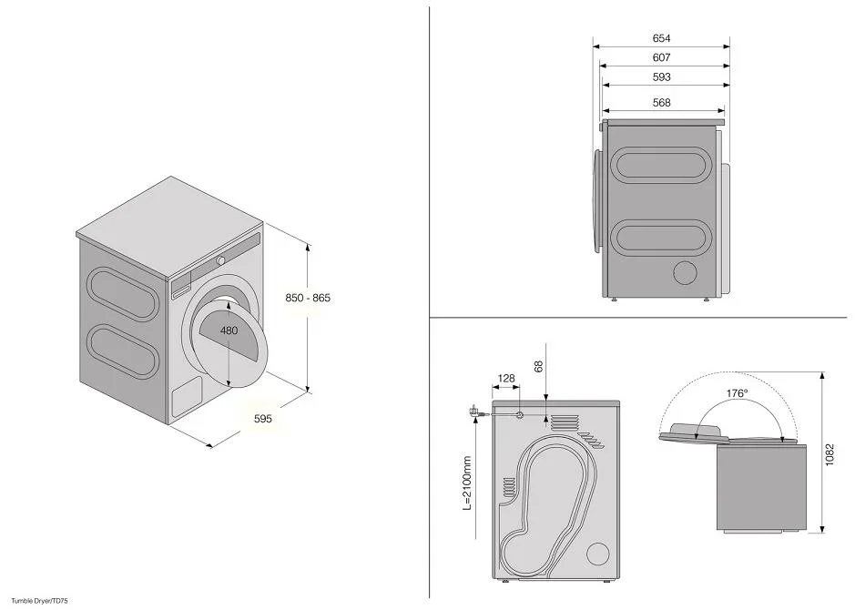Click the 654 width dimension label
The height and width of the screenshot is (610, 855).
[x=662, y=39]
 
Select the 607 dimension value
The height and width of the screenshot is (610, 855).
[x=662, y=58]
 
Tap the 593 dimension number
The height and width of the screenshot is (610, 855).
[x=662, y=78]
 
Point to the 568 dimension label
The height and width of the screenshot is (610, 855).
[x=662, y=103]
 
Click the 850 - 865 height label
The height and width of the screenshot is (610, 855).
[x=307, y=299]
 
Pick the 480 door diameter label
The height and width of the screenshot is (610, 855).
[x=229, y=330]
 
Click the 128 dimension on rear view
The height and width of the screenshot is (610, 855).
[x=507, y=378]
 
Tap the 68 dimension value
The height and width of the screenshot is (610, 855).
[x=539, y=365]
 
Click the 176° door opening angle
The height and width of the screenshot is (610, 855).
[x=737, y=393]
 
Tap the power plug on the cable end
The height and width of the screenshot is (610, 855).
[x=474, y=412]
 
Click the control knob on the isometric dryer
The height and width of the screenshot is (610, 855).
[x=220, y=260]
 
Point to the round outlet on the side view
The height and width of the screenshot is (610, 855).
[x=685, y=273]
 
